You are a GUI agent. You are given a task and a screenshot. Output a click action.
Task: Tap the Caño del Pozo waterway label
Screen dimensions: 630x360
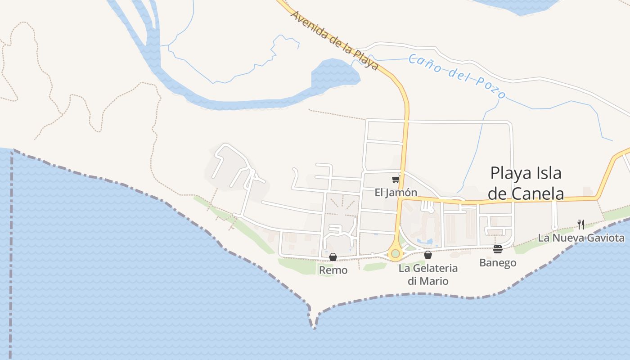[457, 76]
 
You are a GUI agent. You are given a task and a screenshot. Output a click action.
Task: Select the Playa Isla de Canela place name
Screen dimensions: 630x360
[526, 183]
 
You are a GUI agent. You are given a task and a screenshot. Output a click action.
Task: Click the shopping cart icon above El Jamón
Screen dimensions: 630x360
[396, 180]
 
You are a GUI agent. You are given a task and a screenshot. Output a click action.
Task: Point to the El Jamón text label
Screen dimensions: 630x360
[396, 193]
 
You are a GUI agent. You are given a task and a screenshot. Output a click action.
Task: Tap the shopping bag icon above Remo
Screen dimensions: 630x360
[333, 257]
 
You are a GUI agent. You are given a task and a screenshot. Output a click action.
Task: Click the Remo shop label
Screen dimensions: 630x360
[333, 270]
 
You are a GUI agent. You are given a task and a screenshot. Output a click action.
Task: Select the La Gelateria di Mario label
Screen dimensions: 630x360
[428, 274]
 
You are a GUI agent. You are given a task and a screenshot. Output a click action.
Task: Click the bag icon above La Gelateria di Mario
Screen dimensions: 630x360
[428, 255]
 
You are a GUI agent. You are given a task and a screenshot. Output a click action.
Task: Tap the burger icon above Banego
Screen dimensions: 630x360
[498, 249]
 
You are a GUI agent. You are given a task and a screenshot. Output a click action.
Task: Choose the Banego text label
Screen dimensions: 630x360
[498, 262]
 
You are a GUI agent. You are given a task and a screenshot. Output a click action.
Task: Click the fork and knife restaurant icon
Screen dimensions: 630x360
[581, 224]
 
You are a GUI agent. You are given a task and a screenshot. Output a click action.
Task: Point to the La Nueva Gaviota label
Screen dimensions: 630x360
[581, 238]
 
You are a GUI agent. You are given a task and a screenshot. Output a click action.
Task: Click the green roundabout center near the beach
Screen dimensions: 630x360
[396, 254]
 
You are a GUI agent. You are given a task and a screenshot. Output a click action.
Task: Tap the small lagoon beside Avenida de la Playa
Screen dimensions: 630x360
[335, 74]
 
